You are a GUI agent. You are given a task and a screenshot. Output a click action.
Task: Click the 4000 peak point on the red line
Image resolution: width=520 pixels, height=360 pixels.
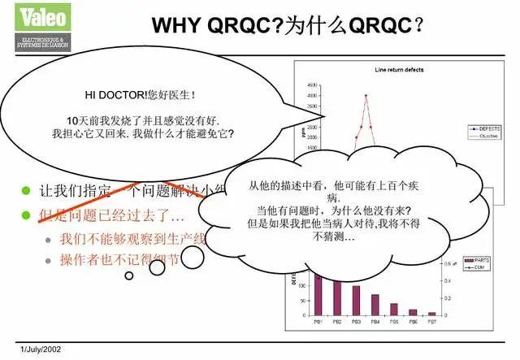tap(366, 96)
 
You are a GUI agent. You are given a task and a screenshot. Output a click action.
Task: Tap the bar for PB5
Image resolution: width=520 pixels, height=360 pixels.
tap(394, 309)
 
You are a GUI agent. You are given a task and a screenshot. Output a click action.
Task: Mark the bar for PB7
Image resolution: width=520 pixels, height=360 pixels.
tap(431, 313)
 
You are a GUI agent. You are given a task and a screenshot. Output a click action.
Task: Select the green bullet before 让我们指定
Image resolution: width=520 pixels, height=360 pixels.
tap(27, 192)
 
